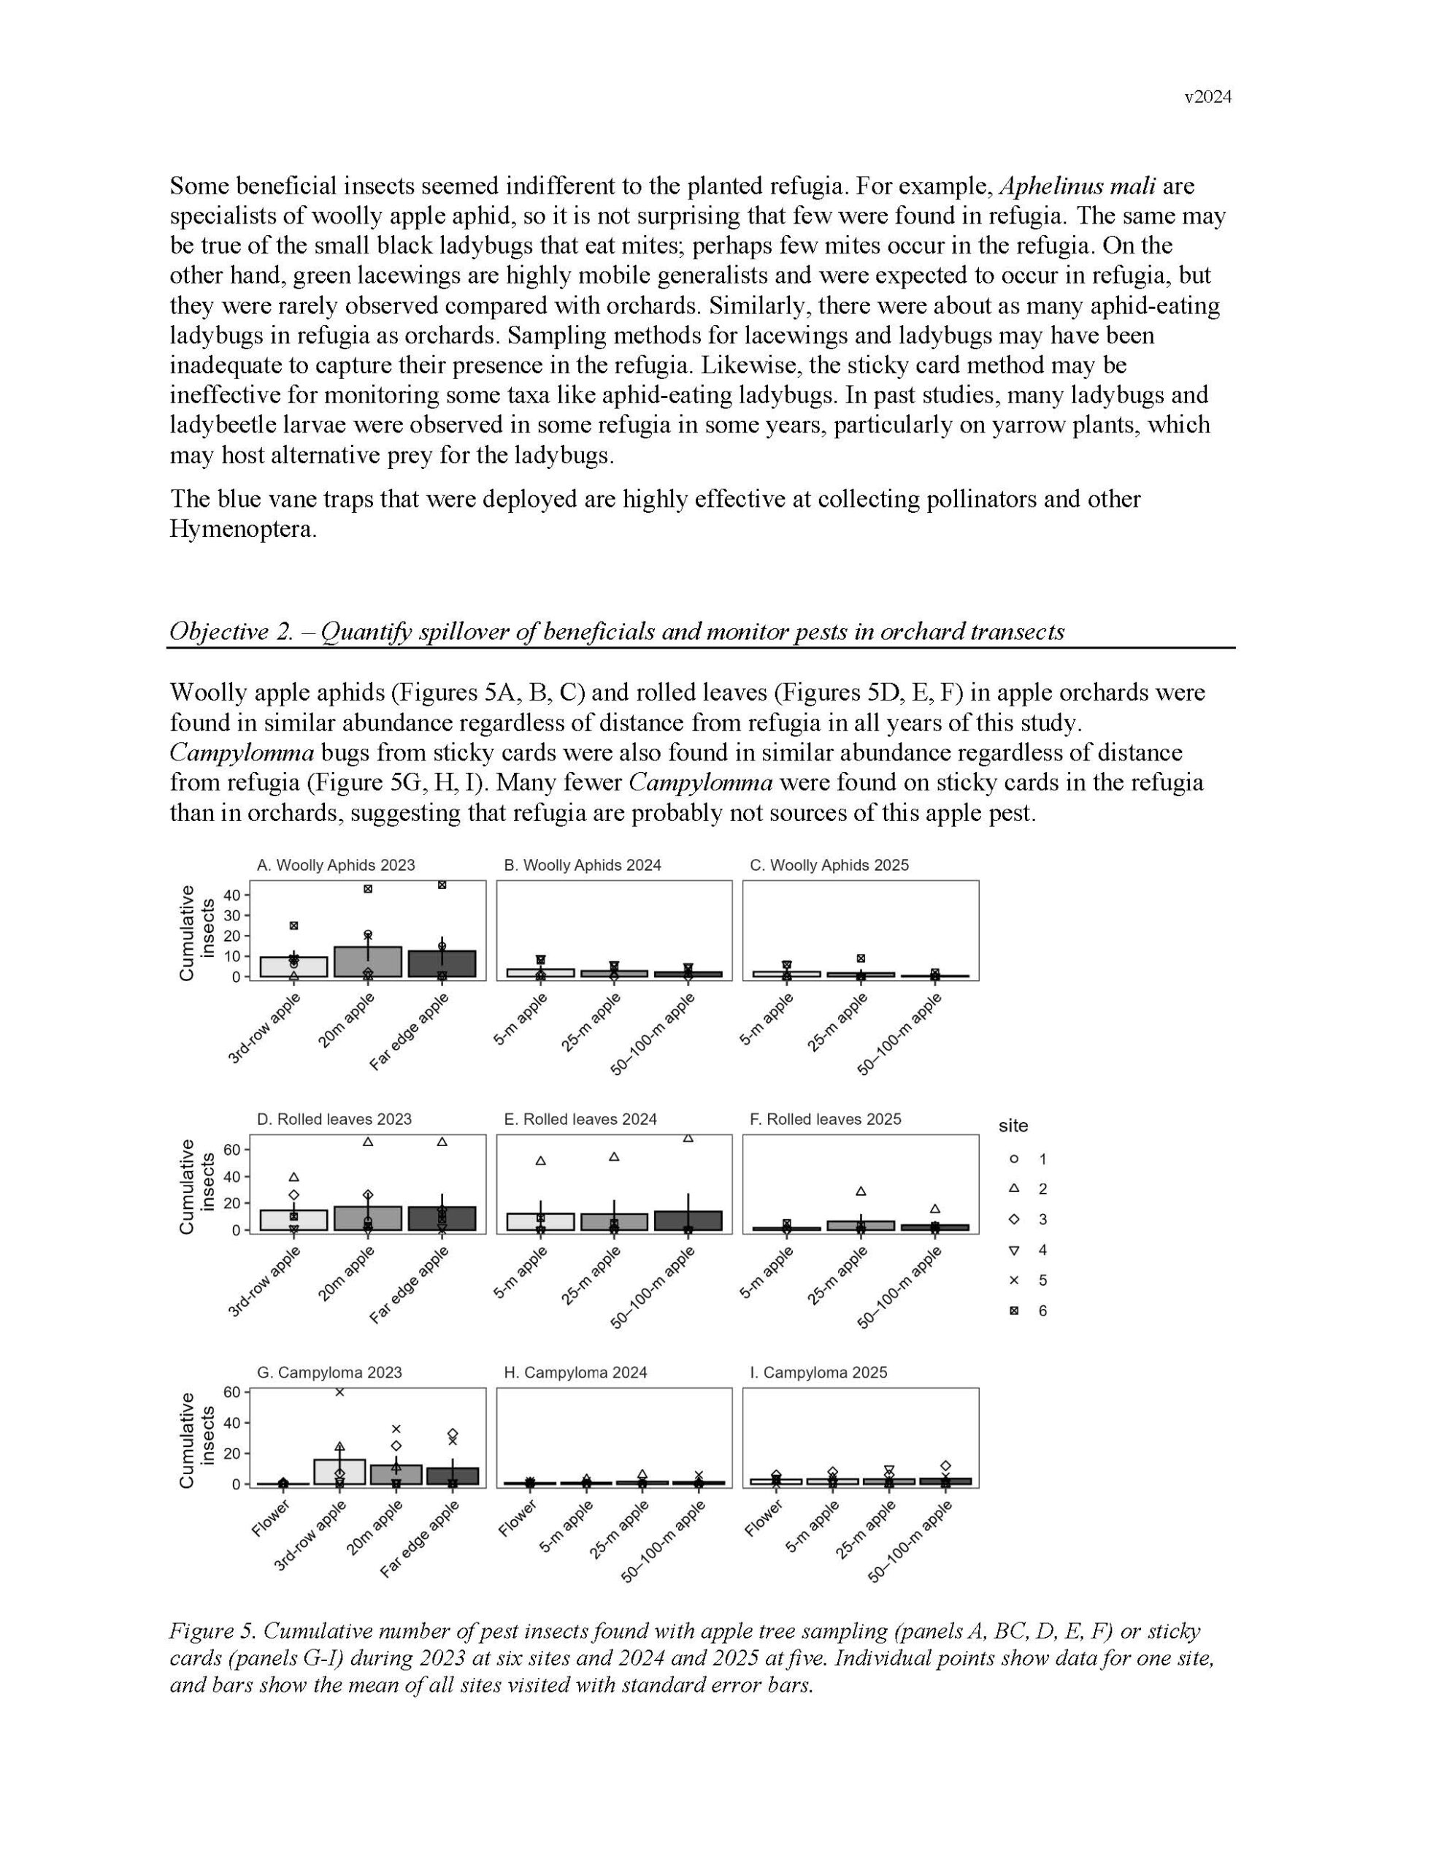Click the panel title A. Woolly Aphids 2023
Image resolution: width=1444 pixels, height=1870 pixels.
(x=336, y=865)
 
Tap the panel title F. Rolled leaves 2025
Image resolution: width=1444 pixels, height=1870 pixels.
(x=825, y=1119)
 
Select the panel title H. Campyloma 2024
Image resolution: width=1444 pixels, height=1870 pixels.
(x=575, y=1373)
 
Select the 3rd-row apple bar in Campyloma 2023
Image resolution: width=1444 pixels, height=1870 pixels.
(x=339, y=1472)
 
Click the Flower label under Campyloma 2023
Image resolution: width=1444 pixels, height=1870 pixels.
(x=272, y=1518)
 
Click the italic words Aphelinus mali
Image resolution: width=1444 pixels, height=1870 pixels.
(x=1077, y=186)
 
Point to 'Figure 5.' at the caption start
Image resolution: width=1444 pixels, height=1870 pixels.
(x=212, y=1631)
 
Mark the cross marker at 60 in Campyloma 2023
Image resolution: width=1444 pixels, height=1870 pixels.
(x=339, y=1392)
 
